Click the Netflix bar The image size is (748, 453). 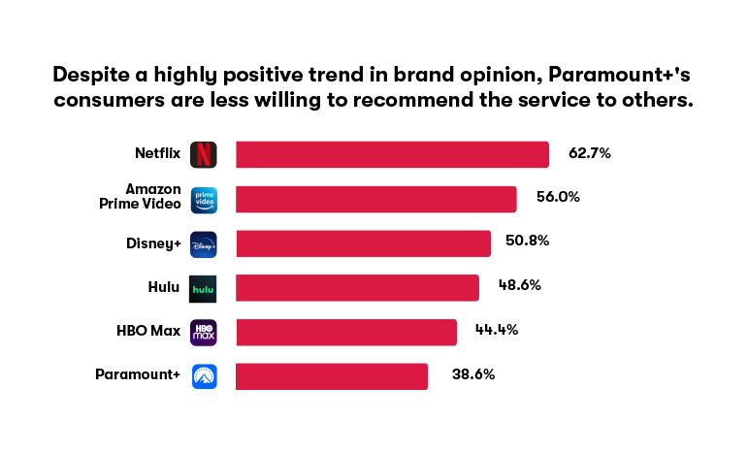click(x=392, y=154)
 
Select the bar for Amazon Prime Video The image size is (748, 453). click(x=375, y=199)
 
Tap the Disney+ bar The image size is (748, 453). click(x=364, y=243)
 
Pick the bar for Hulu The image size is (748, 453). click(x=357, y=288)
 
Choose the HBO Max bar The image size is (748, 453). click(x=346, y=333)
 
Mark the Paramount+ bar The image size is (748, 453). click(x=332, y=376)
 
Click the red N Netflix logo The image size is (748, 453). click(x=203, y=154)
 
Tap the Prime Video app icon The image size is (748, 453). click(x=204, y=200)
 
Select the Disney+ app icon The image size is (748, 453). click(x=203, y=244)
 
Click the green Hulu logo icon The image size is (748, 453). click(x=203, y=289)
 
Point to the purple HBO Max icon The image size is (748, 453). click(x=203, y=333)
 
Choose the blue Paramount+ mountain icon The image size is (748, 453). click(x=204, y=376)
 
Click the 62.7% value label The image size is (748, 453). click(x=590, y=153)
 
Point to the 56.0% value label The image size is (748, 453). click(x=558, y=197)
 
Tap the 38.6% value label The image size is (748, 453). click(x=473, y=374)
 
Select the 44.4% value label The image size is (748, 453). click(x=497, y=330)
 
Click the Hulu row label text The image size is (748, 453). click(x=164, y=287)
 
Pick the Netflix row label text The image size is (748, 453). click(x=158, y=153)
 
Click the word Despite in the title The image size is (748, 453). click(x=91, y=75)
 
